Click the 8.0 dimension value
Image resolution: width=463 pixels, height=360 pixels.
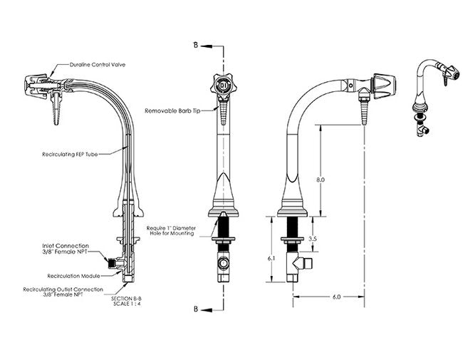[321, 180]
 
